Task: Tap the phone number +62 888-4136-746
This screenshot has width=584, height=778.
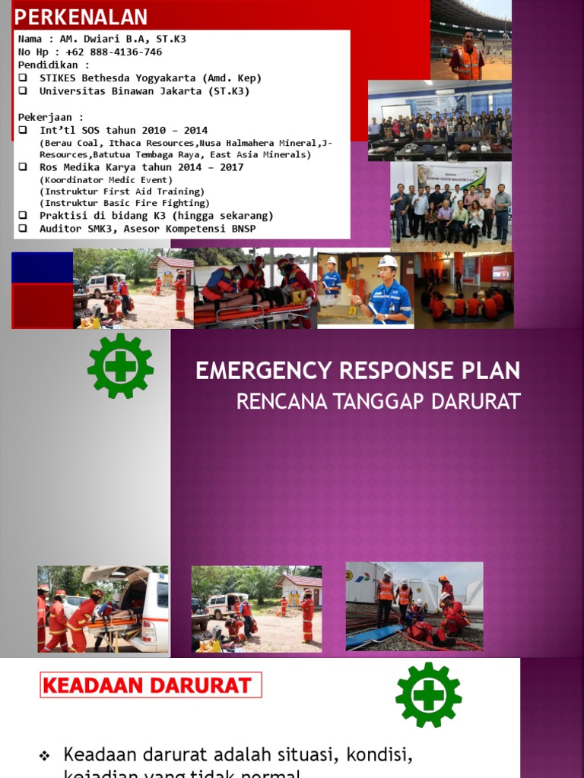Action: tap(114, 52)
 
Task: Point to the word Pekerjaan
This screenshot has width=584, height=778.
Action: tap(46, 117)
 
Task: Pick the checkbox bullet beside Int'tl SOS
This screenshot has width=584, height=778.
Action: tap(23, 130)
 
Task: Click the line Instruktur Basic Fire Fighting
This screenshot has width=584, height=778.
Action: tap(125, 203)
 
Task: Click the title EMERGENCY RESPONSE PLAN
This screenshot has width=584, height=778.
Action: tap(357, 371)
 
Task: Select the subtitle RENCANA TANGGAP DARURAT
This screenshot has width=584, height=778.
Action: tap(378, 401)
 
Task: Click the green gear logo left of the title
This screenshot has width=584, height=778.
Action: tap(120, 366)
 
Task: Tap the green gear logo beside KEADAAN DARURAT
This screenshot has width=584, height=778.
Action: tap(428, 694)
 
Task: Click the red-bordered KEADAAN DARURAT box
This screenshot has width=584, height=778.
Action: tap(150, 685)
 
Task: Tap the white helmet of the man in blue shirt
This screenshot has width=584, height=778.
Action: tap(388, 262)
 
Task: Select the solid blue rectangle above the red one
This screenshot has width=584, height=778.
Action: tap(42, 267)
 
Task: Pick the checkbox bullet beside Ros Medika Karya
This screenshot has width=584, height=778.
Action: tap(23, 166)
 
